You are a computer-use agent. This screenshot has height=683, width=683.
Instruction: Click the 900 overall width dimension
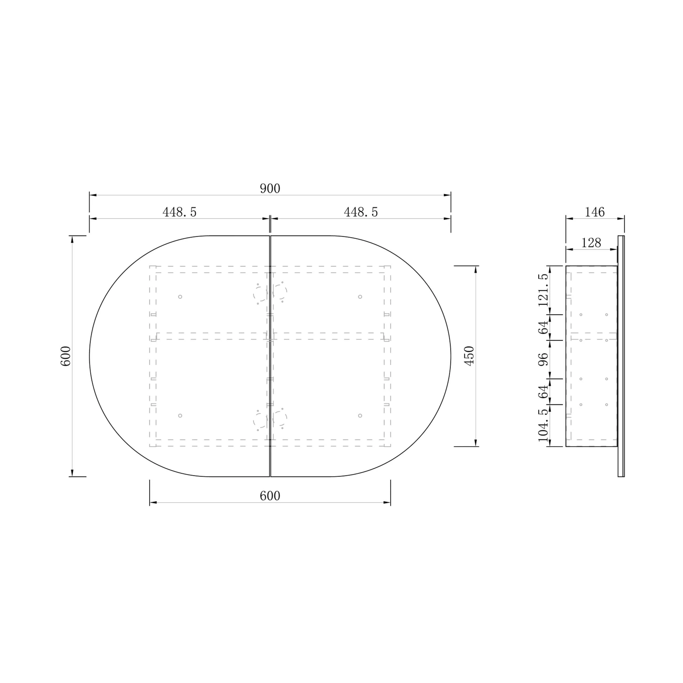(x=270, y=189)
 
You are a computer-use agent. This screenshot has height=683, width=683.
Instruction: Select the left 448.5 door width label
(x=179, y=212)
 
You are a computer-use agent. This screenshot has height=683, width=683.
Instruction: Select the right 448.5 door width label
(x=361, y=212)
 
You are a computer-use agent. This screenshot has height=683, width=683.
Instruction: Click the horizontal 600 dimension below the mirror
(x=270, y=496)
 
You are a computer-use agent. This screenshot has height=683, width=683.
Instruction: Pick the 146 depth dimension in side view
(x=595, y=212)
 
